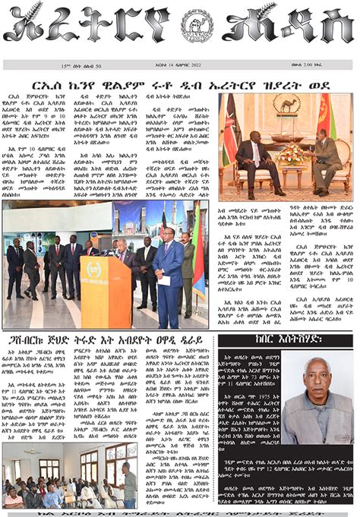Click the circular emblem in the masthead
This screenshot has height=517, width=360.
click(194, 26)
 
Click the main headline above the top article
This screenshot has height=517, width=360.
click(180, 84)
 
